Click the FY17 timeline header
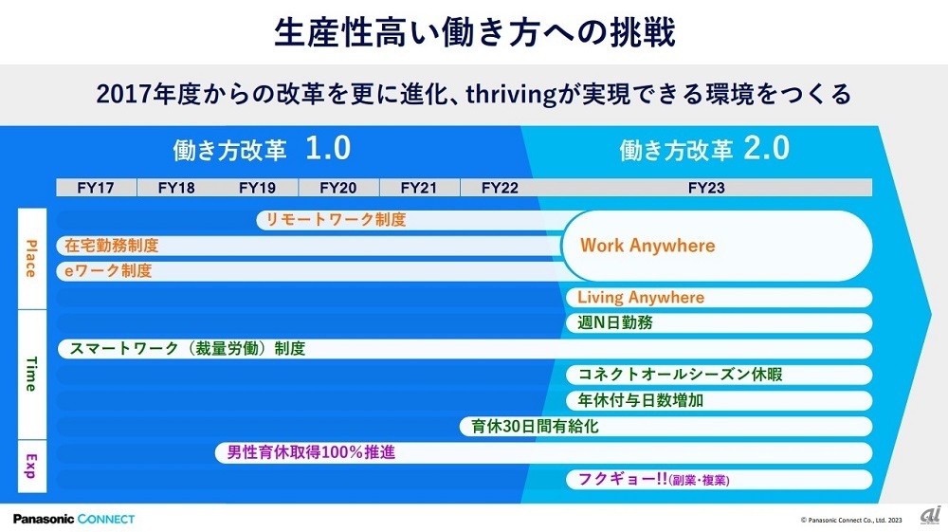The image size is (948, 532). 96,188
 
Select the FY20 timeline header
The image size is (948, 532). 338,188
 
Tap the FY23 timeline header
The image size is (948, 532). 705,188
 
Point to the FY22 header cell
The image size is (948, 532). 500,188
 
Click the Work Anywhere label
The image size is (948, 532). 647,246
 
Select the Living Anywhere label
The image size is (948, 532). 641,298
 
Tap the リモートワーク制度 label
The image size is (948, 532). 336,220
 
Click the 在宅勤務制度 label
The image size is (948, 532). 112,246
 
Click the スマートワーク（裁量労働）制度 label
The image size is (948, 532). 188,349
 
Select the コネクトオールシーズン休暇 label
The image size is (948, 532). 680,375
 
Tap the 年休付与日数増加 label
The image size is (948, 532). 641,400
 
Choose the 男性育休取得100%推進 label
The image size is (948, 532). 311,452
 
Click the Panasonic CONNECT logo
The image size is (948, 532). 74,519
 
